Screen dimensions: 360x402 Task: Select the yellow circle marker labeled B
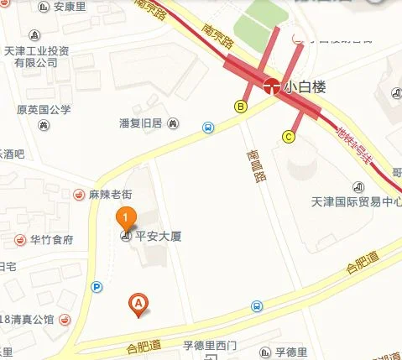coord(240,107)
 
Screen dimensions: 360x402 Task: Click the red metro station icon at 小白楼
coord(271,86)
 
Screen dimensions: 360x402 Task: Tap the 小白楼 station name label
coord(304,86)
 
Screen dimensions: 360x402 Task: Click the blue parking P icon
coord(97,287)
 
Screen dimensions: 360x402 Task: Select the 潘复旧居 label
coord(143,123)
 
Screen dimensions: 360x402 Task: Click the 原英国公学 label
coord(44,109)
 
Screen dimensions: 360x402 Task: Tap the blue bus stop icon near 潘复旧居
coord(206,128)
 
